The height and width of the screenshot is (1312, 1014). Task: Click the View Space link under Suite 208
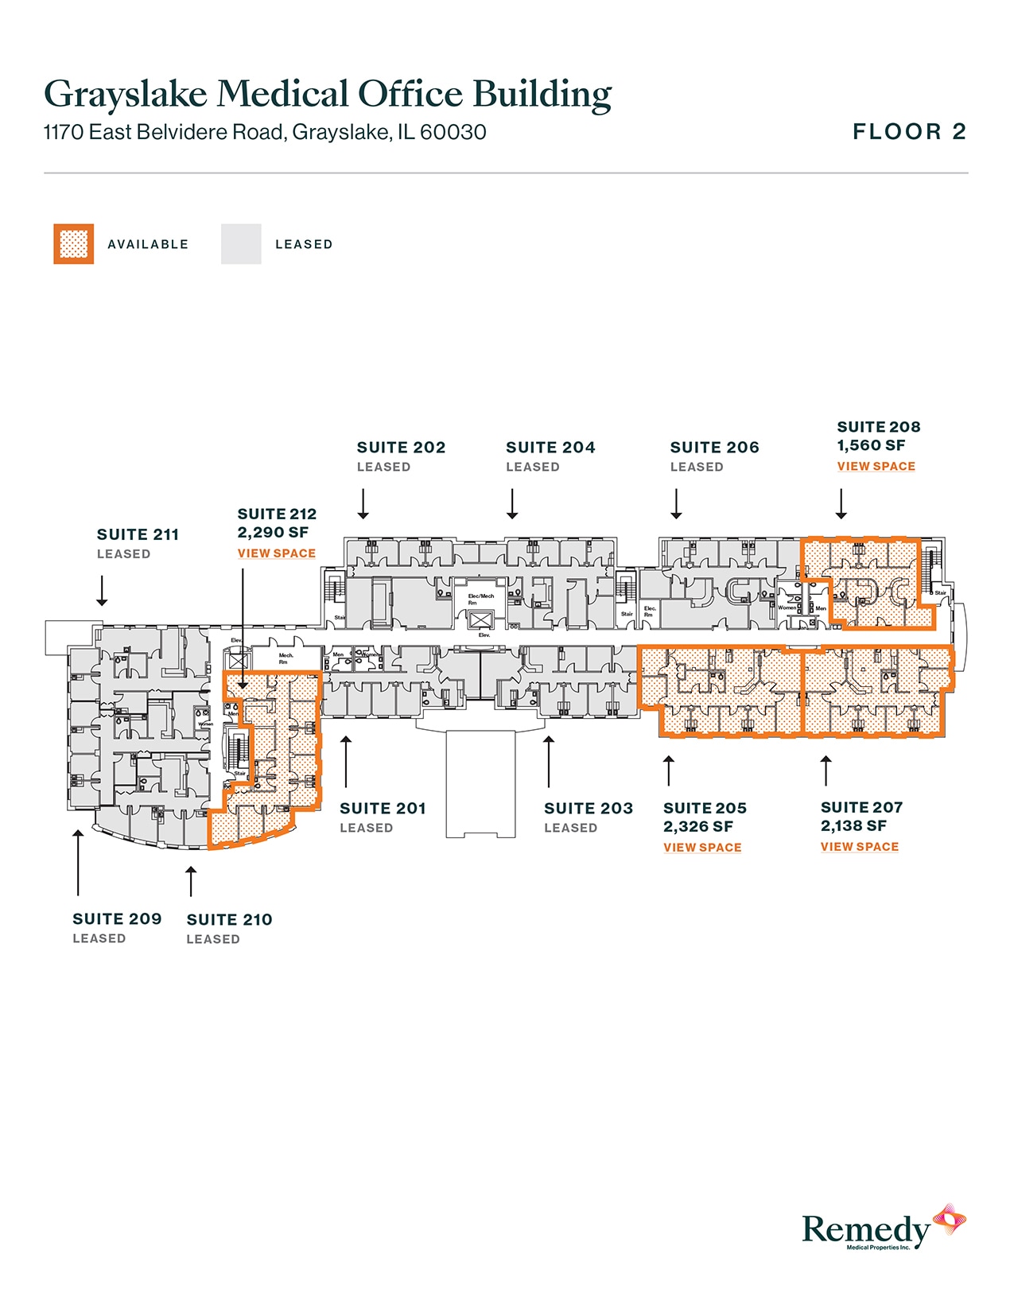coord(876,466)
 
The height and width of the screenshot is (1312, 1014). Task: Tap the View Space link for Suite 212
coord(276,553)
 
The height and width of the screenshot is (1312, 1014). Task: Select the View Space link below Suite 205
coord(702,848)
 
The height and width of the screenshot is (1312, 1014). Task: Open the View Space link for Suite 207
coord(859,847)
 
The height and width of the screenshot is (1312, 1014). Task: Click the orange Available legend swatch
coord(74,244)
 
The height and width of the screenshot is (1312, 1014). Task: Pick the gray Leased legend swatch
coord(241,244)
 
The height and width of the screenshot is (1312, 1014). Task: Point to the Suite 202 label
coord(401,448)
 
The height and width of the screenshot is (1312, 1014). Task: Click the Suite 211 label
coord(138,534)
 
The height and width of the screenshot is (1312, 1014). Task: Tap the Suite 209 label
coord(117,919)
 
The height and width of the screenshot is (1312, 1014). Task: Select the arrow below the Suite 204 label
coord(512,504)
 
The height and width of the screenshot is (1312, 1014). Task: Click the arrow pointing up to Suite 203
coord(549,762)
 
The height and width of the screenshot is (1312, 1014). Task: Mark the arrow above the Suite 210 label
coord(191,881)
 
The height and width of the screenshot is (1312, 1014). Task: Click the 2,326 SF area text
coord(698,827)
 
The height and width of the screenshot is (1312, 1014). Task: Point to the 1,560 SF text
coord(871,446)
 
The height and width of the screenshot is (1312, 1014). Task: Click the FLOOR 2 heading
coord(909,132)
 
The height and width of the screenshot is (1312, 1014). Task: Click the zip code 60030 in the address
coord(453,132)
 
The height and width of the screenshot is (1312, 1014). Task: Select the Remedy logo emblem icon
coord(949,1221)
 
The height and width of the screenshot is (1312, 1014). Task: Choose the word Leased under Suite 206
coord(697,468)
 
